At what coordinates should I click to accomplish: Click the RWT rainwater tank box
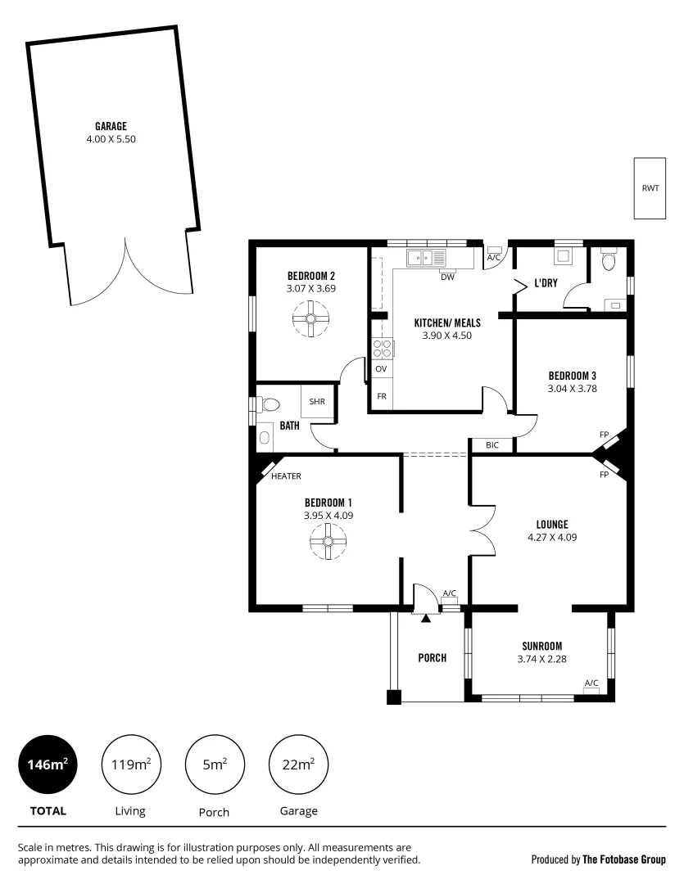(650, 187)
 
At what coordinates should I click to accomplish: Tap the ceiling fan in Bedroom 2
(311, 318)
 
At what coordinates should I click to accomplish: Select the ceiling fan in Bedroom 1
(328, 541)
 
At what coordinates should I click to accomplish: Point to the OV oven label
(381, 369)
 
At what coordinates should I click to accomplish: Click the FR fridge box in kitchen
(381, 396)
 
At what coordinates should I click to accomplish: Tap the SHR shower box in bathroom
(317, 402)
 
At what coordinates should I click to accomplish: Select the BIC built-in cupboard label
(491, 445)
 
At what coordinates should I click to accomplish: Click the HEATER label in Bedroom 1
(287, 476)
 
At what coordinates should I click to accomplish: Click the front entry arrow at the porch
(425, 619)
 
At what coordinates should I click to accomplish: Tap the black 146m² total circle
(47, 764)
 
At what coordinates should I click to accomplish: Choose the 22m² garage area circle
(299, 764)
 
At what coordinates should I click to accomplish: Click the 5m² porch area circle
(215, 764)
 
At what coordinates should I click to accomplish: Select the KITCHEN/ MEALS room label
(446, 322)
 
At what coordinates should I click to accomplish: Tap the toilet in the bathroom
(268, 404)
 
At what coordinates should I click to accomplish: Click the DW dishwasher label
(447, 277)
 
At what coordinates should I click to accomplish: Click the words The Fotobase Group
(624, 859)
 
